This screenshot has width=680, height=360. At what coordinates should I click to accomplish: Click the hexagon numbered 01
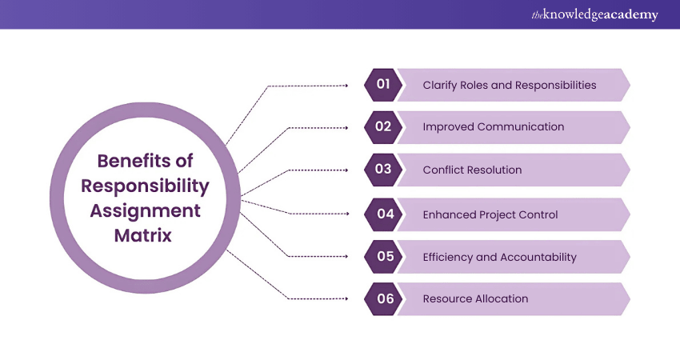[x=382, y=85]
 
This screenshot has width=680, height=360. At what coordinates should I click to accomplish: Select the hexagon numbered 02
[x=382, y=127]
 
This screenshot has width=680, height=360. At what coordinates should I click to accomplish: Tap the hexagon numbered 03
[x=382, y=170]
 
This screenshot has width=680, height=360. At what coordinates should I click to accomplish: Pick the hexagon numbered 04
[x=382, y=214]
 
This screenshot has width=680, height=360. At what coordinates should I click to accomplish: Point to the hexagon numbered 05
[x=382, y=257]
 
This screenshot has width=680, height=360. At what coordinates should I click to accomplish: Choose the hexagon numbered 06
[x=382, y=299]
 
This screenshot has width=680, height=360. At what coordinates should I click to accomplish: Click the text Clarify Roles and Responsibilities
[x=509, y=85]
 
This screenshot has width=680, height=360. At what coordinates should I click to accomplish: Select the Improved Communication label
[x=493, y=127]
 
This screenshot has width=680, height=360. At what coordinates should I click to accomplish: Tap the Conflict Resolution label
[x=472, y=170]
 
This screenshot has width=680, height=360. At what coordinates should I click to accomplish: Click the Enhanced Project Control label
[x=490, y=214]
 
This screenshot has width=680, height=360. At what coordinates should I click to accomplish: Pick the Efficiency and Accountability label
[x=499, y=257]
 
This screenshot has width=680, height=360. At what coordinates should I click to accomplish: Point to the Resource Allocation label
[x=475, y=299]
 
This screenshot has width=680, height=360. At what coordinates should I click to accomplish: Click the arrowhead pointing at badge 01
[x=345, y=85]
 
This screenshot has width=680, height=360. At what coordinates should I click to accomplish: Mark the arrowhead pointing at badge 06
[x=345, y=299]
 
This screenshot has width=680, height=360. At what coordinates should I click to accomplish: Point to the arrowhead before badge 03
[x=345, y=170]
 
